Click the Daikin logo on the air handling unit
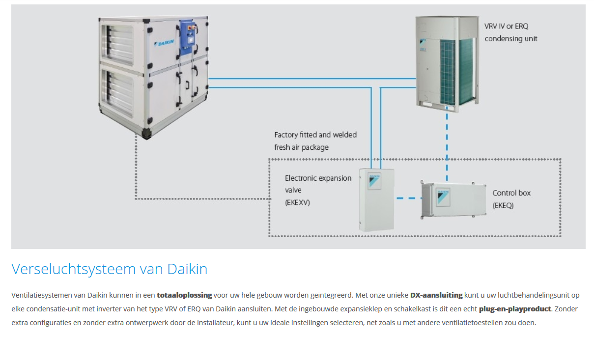[166, 42]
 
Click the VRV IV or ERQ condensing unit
[445, 61]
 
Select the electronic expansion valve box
[377, 199]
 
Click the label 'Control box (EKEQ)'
[511, 199]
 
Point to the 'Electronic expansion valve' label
[318, 178]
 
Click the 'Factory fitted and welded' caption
[315, 135]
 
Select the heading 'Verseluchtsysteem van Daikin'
[110, 269]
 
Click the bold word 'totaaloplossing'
[184, 295]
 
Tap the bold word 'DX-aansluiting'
[436, 295]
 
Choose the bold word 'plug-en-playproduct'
[514, 309]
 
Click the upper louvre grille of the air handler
[117, 44]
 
